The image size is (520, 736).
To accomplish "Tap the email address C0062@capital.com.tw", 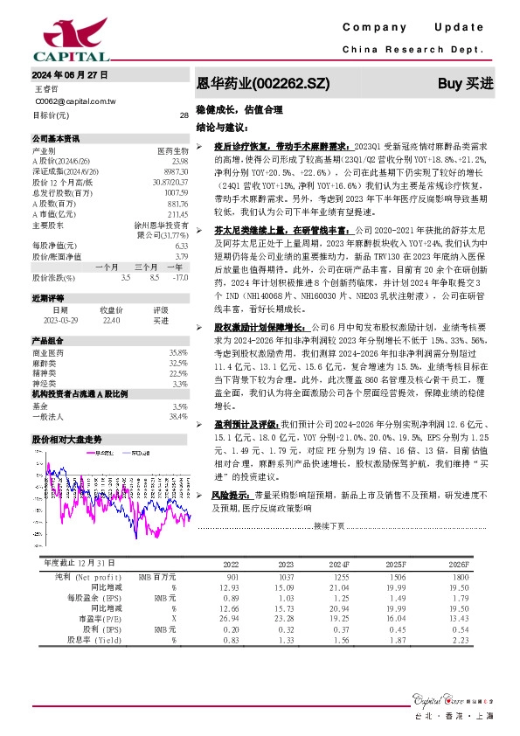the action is point(75,101).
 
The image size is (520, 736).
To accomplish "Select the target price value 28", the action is point(184,115).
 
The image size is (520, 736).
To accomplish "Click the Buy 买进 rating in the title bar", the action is point(466,84).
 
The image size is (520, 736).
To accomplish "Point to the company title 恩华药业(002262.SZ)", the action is point(263,85).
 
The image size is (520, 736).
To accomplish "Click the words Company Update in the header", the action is point(418,29).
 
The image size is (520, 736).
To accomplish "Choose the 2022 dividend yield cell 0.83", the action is point(232,639).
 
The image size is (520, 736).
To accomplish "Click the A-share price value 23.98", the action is point(180,161).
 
